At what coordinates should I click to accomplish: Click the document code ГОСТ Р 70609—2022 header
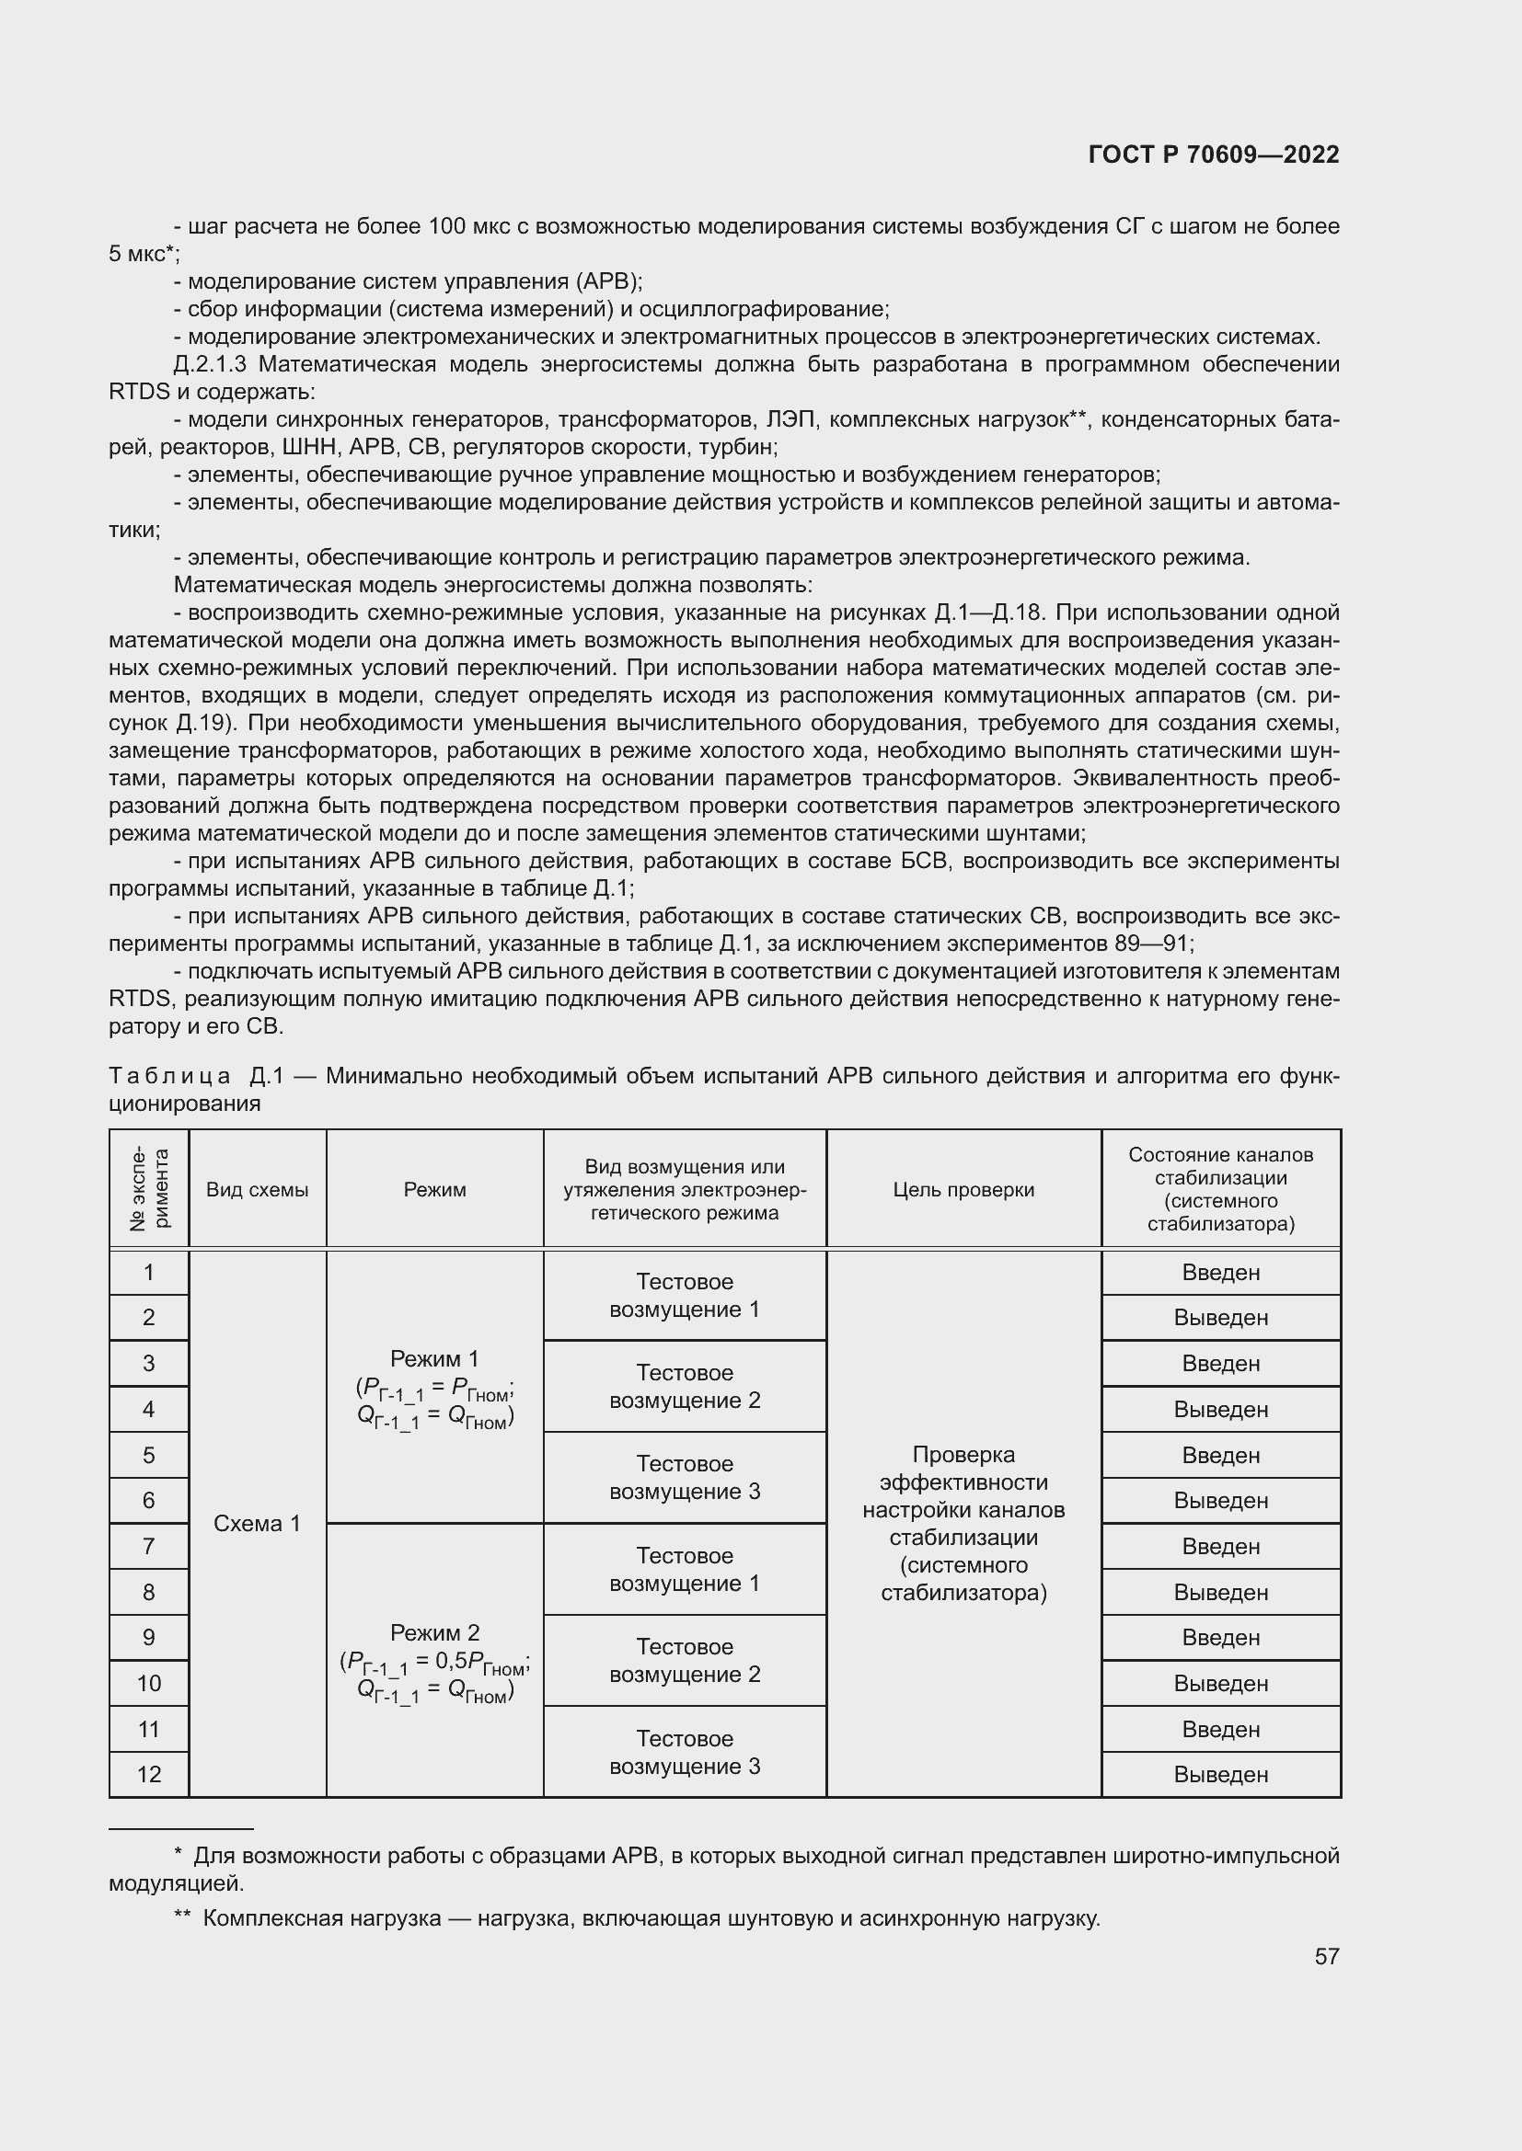point(1213,154)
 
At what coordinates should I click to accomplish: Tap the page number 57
point(1326,1956)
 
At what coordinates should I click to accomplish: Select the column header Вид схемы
point(257,1190)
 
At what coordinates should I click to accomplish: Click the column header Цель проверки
point(963,1190)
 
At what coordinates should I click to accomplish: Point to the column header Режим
point(434,1190)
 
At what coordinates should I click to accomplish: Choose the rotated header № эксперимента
point(149,1189)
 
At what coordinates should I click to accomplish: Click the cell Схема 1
point(257,1523)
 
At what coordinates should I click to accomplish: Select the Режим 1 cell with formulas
point(434,1389)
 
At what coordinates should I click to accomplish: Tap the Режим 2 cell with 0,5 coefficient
point(434,1663)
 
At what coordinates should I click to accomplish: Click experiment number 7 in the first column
point(149,1547)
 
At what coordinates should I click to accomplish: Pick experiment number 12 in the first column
point(149,1774)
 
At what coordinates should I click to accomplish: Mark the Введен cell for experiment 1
point(1220,1273)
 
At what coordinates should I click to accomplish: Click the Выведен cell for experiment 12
point(1220,1774)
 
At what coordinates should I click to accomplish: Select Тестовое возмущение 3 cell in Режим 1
point(684,1478)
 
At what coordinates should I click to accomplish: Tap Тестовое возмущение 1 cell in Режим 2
point(684,1569)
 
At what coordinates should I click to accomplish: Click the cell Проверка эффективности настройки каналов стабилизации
point(963,1523)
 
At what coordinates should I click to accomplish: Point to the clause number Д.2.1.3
point(210,364)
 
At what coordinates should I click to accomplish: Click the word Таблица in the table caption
point(168,1077)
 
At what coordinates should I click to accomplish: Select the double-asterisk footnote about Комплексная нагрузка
point(637,1911)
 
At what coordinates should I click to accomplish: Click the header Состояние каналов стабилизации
point(1220,1189)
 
